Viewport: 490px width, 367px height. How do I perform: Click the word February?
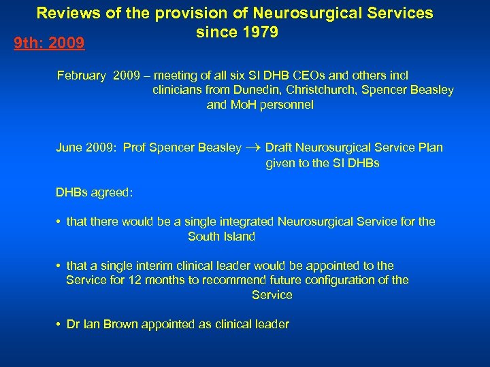82,75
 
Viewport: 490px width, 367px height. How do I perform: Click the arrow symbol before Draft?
252,148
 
